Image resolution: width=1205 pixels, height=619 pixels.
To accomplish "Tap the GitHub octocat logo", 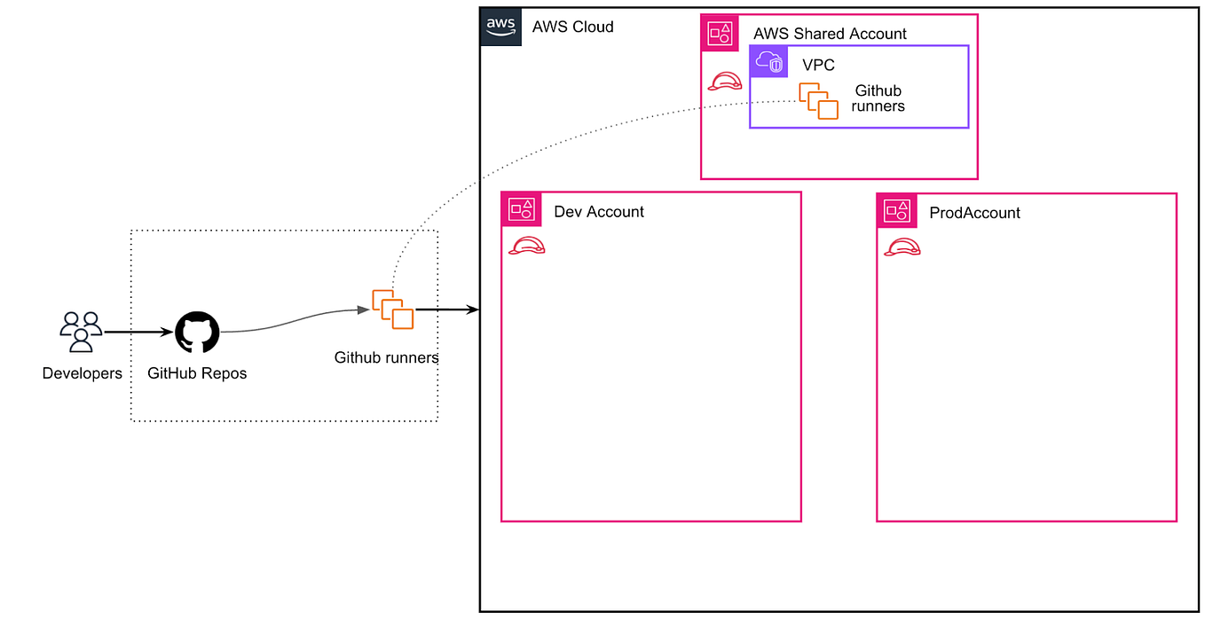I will (197, 333).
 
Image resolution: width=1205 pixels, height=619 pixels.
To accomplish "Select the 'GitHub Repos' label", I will (197, 373).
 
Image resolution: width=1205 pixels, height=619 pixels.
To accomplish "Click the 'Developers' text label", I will (83, 373).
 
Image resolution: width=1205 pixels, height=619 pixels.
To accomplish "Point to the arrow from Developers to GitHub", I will (138, 333).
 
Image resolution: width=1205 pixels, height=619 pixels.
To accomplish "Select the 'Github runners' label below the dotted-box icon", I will (386, 358).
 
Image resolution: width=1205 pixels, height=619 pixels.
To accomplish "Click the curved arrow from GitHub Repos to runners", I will (293, 321).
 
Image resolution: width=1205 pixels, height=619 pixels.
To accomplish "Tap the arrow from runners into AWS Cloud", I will (448, 309).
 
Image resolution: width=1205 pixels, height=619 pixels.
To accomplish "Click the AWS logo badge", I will (500, 27).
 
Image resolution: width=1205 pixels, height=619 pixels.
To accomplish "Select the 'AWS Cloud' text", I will (572, 27).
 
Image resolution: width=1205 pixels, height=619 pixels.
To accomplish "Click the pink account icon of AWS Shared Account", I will (720, 34).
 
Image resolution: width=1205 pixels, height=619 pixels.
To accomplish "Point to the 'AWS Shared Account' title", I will (830, 34).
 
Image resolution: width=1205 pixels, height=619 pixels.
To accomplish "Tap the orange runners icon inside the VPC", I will (818, 100).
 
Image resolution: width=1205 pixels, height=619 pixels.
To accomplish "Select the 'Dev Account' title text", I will (599, 212).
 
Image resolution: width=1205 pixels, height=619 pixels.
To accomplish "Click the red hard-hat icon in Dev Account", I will (526, 247).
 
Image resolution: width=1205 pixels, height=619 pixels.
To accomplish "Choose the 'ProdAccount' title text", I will (974, 213).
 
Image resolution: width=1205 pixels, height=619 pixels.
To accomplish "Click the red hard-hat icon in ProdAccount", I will (902, 247).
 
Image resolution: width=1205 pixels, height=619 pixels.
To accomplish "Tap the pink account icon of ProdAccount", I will (895, 211).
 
